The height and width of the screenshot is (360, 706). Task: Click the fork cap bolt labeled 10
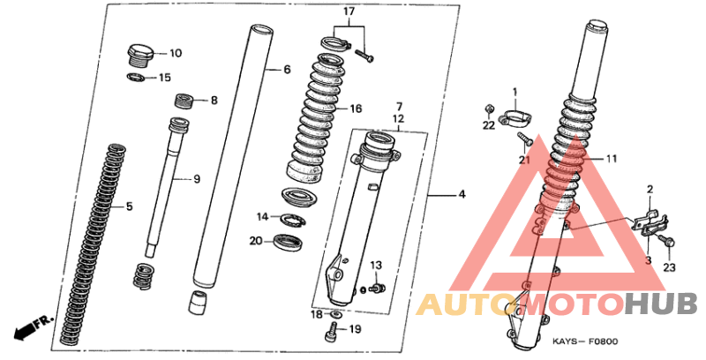[141, 56]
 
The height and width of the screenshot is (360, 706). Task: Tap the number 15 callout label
[165, 78]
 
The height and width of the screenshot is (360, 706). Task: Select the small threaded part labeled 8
[184, 101]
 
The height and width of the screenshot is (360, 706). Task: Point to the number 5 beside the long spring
[129, 207]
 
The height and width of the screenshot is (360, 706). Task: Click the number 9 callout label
[197, 179]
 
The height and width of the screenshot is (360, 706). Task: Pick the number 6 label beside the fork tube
[288, 70]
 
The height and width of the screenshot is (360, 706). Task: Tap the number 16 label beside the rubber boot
[356, 109]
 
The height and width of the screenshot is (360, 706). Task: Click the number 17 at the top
[349, 11]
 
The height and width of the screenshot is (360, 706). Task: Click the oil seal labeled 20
[289, 243]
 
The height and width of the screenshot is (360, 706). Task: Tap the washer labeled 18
[335, 313]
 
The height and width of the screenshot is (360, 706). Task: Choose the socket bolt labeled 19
[331, 332]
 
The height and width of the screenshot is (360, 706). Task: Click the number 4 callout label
[462, 195]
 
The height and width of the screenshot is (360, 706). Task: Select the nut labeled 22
[489, 109]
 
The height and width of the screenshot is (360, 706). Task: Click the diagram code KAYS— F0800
[585, 341]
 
